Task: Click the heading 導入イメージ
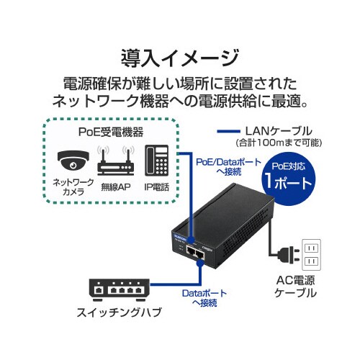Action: [180, 55]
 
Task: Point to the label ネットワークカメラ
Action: [73, 188]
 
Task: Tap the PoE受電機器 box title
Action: [110, 132]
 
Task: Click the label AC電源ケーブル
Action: [296, 287]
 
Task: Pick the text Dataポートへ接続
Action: [199, 298]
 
